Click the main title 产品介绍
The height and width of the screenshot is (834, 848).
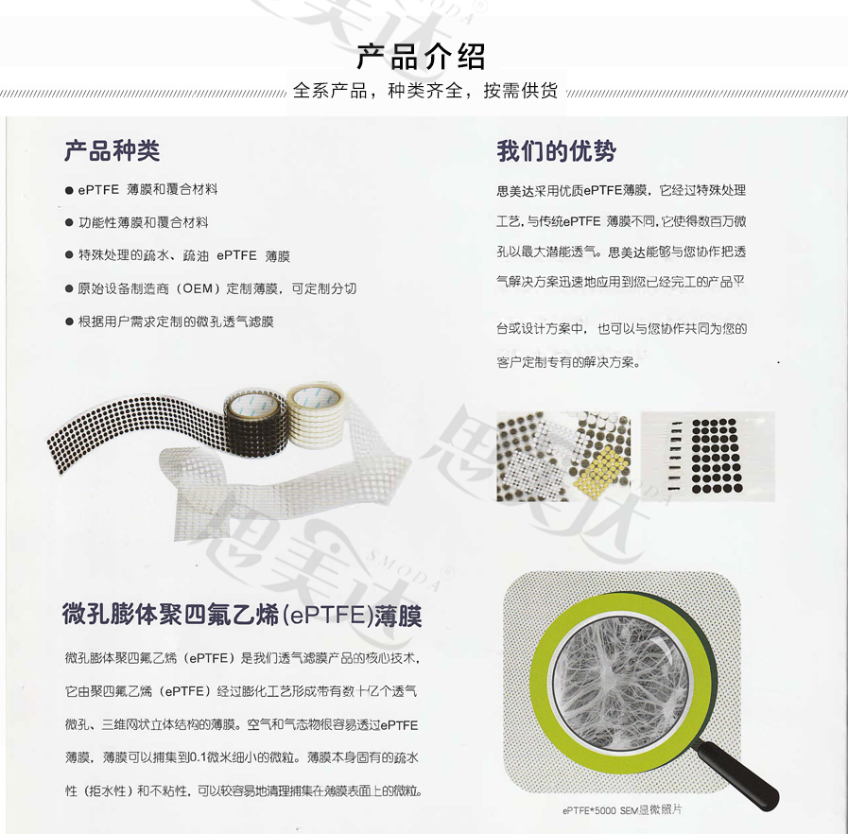pyautogui.click(x=421, y=57)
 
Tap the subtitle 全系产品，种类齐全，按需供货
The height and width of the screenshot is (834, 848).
pyautogui.click(x=424, y=92)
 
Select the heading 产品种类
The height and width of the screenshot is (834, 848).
pyautogui.click(x=112, y=151)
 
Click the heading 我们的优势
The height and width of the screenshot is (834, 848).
pyautogui.click(x=556, y=151)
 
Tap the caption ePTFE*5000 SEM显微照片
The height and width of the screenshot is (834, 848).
pyautogui.click(x=622, y=809)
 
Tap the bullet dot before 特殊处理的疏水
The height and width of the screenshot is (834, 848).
pyautogui.click(x=69, y=256)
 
